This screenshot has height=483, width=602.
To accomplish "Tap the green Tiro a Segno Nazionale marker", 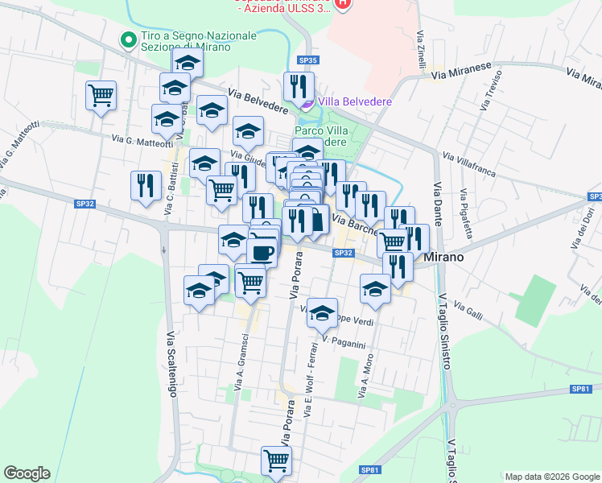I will coord(127,39).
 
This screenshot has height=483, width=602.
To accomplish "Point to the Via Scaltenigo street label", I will coord(171,361).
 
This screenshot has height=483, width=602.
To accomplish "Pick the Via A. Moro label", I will coord(366,377).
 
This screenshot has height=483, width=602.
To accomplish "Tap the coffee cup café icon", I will coord(261,253).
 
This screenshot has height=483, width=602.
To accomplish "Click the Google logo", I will coord(27,473).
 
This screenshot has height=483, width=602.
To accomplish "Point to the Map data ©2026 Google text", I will coord(551,476).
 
